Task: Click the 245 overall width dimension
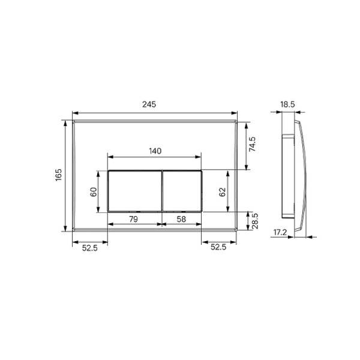click(149, 104)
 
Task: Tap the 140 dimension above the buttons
click(154, 152)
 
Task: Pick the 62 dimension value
click(221, 192)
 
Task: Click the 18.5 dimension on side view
click(287, 104)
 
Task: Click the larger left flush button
click(134, 191)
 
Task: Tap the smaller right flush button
click(182, 191)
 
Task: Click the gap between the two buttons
click(161, 191)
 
